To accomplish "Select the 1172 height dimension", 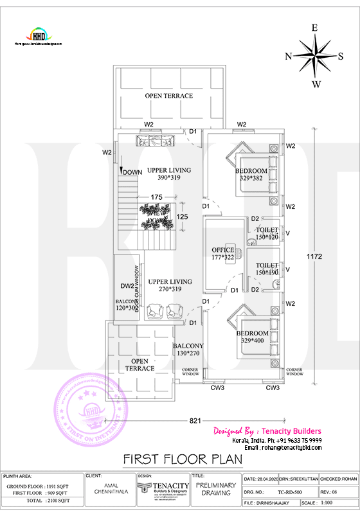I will click(332, 256).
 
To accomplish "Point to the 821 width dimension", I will click(195, 420).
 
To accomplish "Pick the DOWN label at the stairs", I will click(132, 172).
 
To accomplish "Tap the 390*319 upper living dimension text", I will click(169, 177).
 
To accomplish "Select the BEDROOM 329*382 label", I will click(251, 174).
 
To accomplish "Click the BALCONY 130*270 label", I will click(188, 350).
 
